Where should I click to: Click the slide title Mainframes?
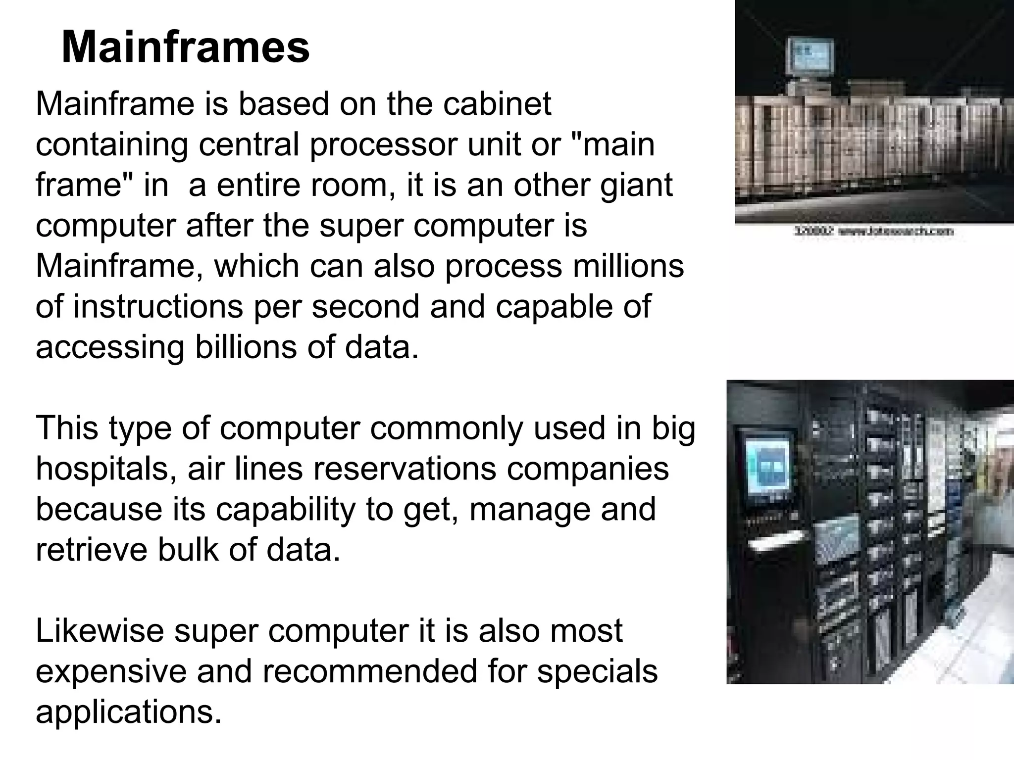(x=185, y=47)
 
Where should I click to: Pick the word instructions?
(x=158, y=306)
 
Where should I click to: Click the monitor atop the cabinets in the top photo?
(x=810, y=60)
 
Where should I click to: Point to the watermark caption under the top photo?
(x=873, y=231)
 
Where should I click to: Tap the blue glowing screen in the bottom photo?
(x=767, y=465)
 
